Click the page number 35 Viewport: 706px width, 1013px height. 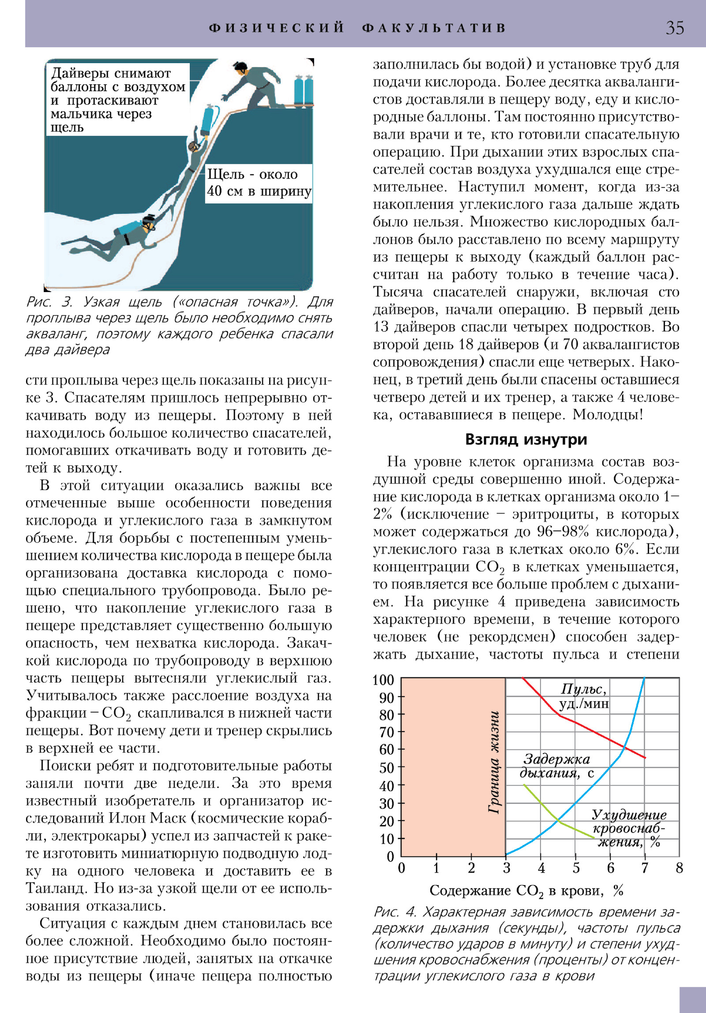(675, 28)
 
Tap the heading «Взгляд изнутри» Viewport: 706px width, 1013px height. (526, 439)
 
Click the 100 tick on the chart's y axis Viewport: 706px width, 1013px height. (383, 680)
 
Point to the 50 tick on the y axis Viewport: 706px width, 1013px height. (387, 768)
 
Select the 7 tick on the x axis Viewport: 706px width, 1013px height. (645, 868)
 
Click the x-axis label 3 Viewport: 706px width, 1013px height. (506, 868)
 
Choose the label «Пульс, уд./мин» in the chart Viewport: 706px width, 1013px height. (584, 696)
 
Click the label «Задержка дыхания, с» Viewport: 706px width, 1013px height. (556, 766)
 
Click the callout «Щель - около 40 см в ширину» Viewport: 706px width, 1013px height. (259, 183)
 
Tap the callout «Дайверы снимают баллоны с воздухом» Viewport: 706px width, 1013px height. (117, 100)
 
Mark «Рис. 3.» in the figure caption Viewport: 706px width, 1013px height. (49, 302)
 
